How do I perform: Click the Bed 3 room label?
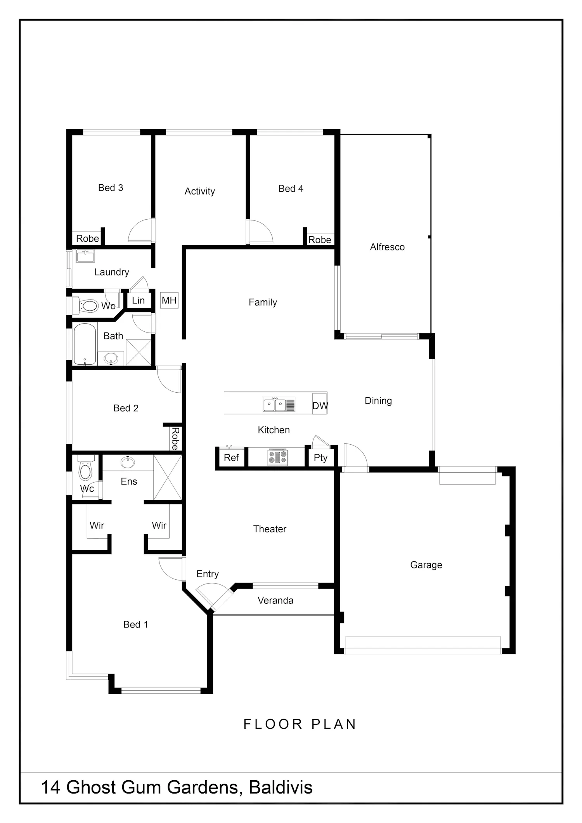[111, 188]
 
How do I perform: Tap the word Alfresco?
[387, 247]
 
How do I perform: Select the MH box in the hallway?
[169, 300]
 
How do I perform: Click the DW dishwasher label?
[320, 406]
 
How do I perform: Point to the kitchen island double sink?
[274, 405]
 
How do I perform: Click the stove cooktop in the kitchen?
[278, 457]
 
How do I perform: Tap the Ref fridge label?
[231, 458]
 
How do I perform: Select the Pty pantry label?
[320, 458]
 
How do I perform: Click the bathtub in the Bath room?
[85, 344]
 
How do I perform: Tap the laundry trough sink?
[85, 256]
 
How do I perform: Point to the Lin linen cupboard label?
[138, 300]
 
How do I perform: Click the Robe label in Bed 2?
[175, 439]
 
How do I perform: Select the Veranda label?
[275, 601]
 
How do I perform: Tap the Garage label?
[426, 565]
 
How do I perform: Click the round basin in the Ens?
[128, 462]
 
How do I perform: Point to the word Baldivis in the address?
[281, 787]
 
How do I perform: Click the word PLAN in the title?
[334, 724]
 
